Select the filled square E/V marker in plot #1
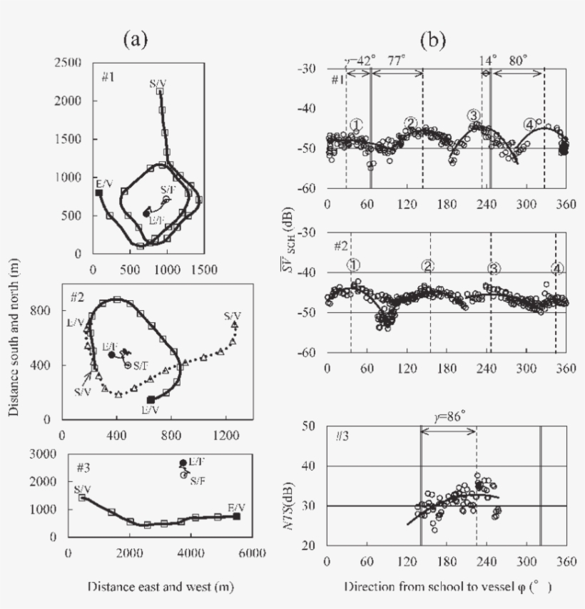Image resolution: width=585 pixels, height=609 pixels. tap(98, 193)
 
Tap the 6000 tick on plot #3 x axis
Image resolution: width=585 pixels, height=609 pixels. tap(253, 553)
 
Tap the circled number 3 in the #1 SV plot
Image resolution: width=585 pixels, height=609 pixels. tap(473, 115)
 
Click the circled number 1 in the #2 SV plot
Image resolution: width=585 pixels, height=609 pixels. tap(353, 265)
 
